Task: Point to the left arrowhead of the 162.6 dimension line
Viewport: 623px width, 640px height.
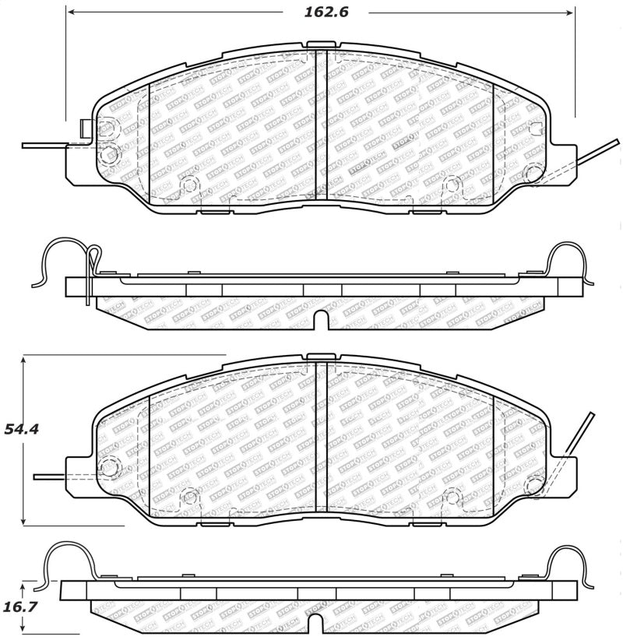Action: tap(71, 12)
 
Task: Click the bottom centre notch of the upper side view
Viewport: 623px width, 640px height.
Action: tap(321, 319)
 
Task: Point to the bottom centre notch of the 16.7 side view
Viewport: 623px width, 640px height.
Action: tap(316, 622)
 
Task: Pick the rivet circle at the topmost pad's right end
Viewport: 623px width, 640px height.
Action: tap(533, 173)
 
